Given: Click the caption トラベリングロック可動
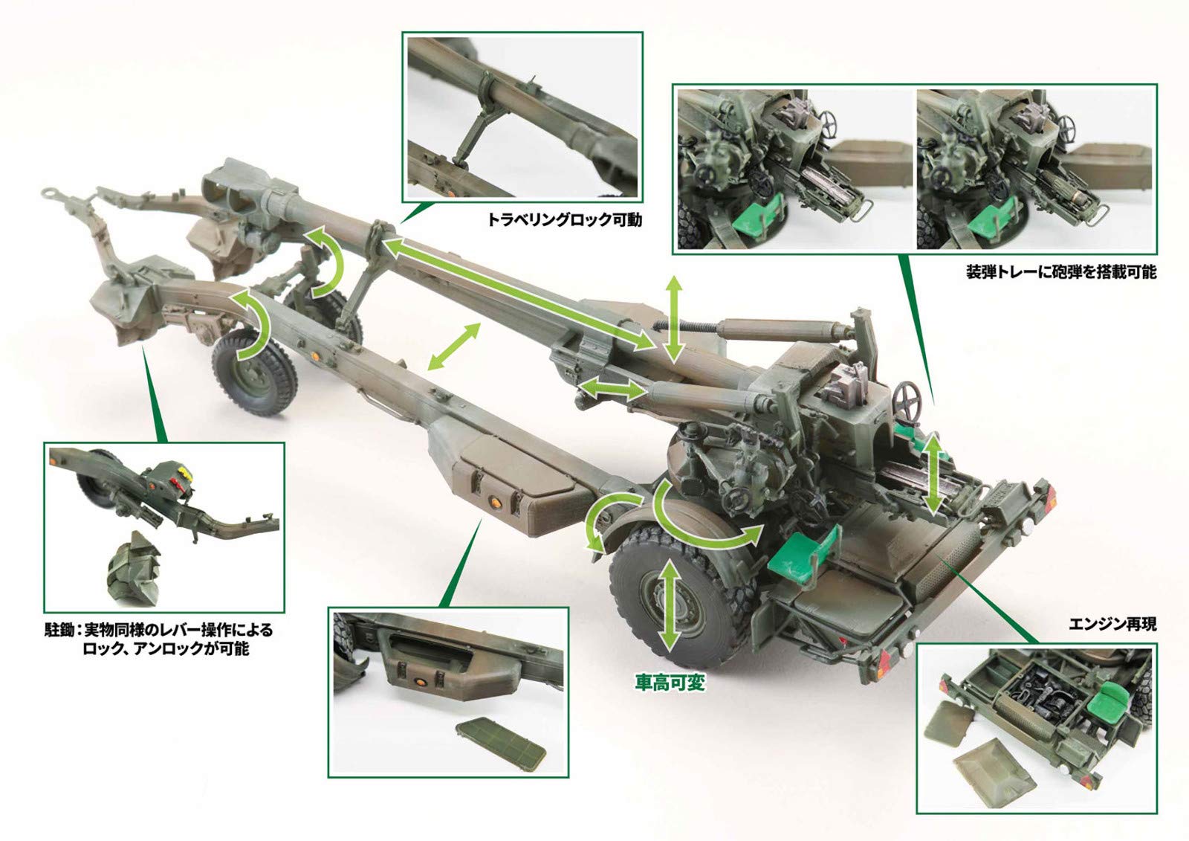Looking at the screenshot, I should point(564,220).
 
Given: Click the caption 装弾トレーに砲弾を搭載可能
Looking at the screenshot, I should point(1060,272).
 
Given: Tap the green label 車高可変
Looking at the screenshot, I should point(669,683).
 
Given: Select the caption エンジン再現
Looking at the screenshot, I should point(1112,625).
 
